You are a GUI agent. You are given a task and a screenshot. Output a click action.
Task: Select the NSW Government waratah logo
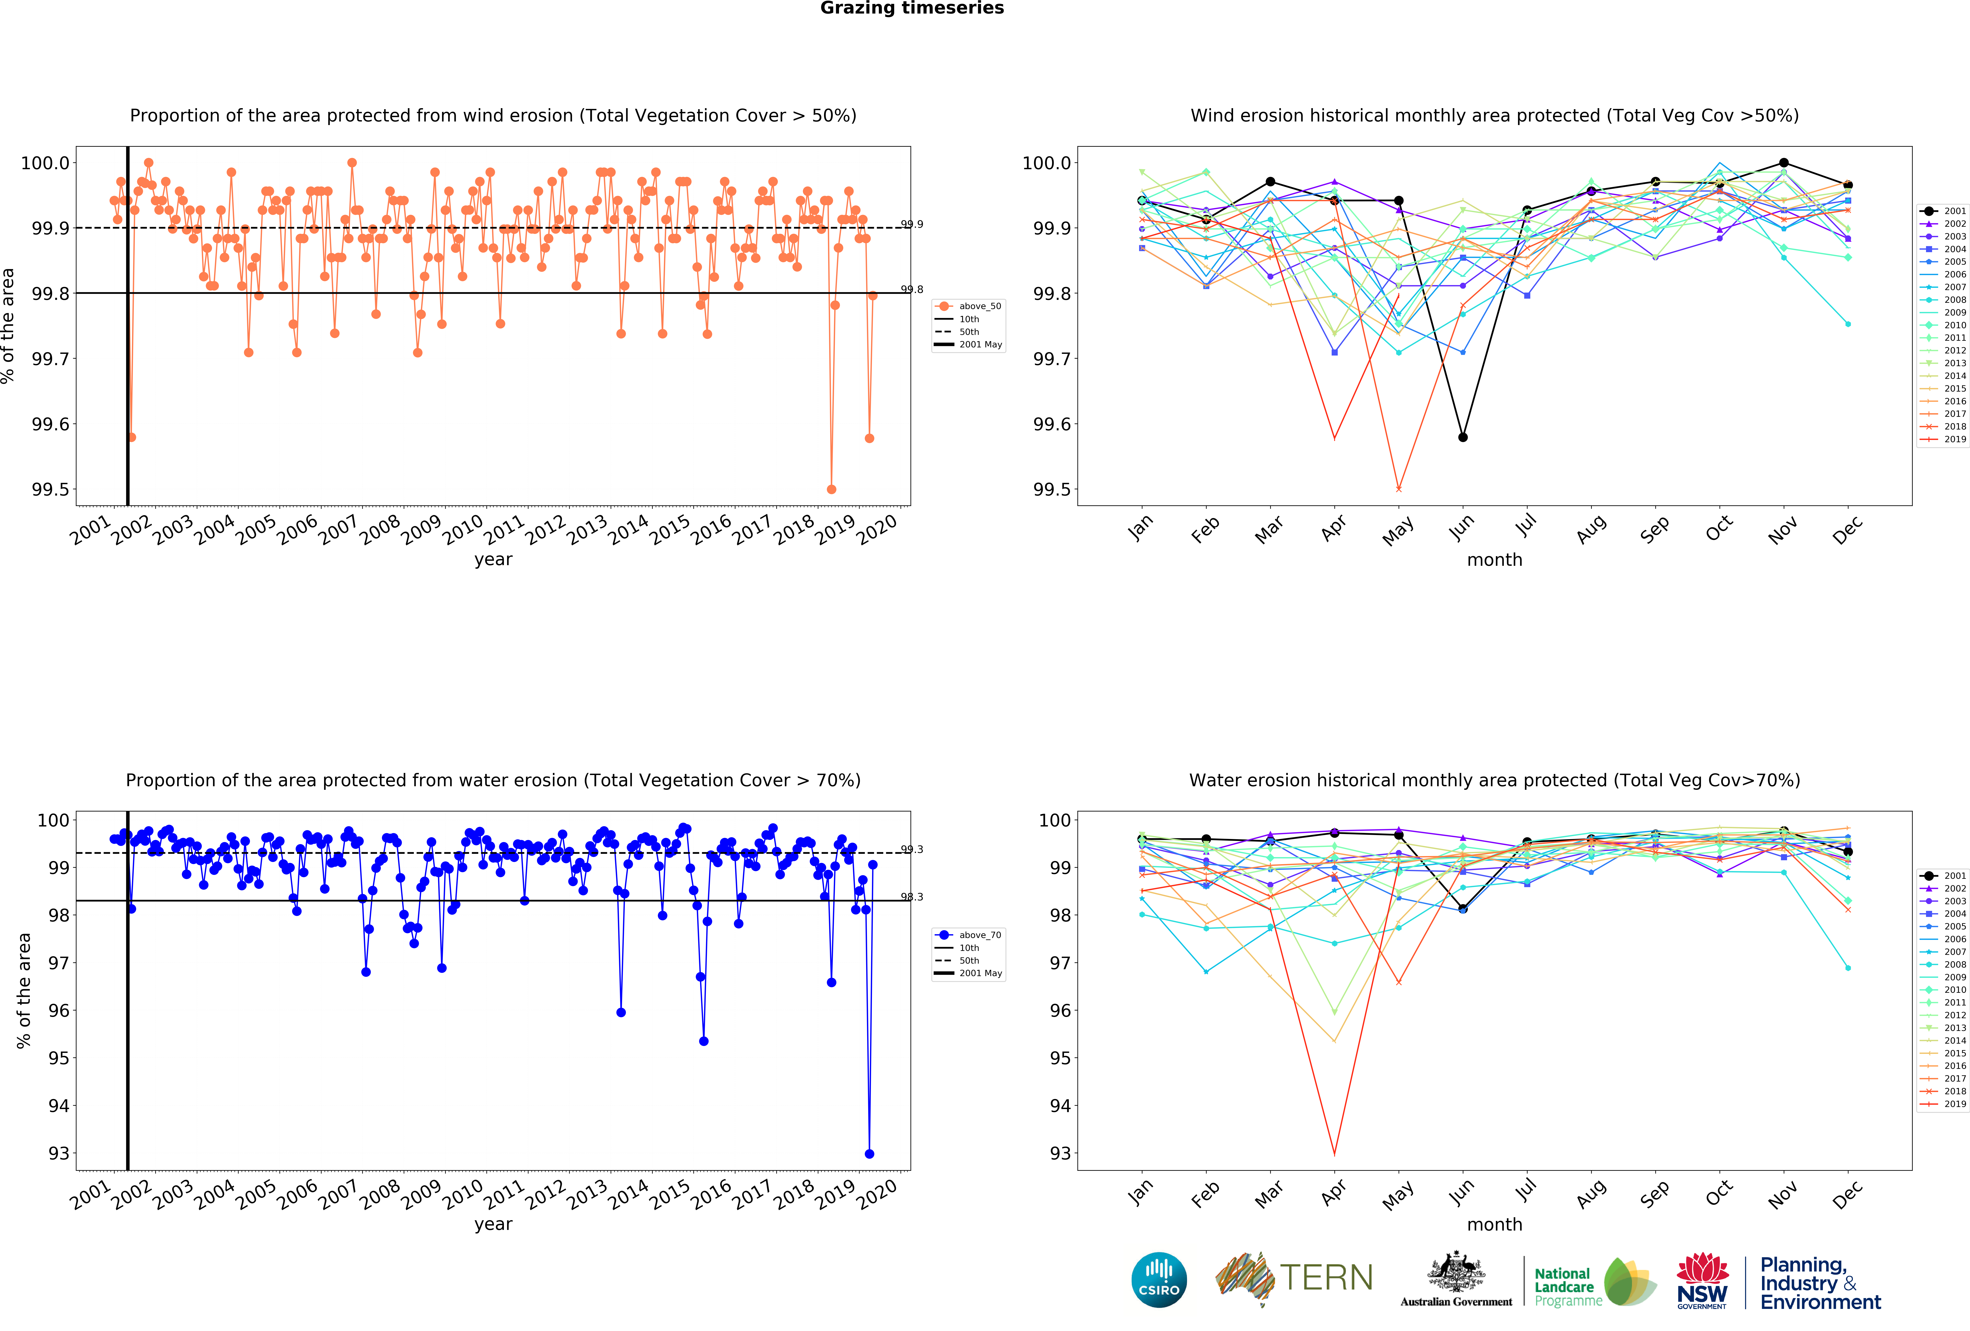[1702, 1280]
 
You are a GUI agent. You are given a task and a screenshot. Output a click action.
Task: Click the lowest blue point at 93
[869, 1154]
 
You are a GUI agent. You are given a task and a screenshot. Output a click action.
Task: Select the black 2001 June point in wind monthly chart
[1462, 437]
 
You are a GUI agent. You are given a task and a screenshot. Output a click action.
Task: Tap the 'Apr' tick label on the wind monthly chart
[1333, 527]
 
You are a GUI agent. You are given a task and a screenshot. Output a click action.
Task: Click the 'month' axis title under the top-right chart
[1494, 560]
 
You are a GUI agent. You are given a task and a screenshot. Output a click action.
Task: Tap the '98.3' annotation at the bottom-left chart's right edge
[912, 897]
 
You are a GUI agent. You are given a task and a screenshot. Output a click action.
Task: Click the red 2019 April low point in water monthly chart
[1334, 1154]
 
